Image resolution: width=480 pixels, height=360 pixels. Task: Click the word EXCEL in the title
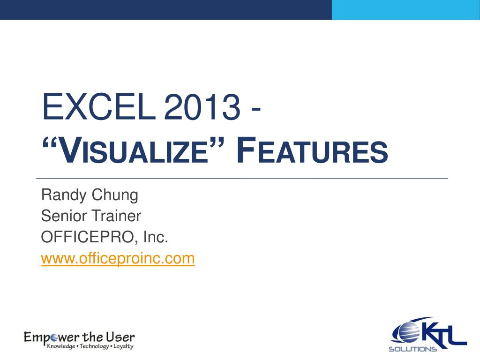99,107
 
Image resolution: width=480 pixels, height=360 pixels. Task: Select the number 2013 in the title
202,107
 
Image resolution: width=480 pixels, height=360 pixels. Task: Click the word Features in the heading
312,150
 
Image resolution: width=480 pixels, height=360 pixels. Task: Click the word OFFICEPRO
88,237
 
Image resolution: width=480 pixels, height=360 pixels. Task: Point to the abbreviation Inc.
156,237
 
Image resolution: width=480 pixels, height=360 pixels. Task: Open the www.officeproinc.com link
118,259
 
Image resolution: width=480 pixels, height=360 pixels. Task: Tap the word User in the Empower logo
120,337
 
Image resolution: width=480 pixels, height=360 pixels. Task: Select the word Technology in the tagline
94,346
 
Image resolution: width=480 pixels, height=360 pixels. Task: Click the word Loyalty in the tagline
123,346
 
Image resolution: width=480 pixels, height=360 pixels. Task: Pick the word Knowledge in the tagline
61,346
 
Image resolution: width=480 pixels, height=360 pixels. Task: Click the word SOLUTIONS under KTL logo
412,349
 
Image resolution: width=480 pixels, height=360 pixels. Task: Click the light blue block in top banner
406,10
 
